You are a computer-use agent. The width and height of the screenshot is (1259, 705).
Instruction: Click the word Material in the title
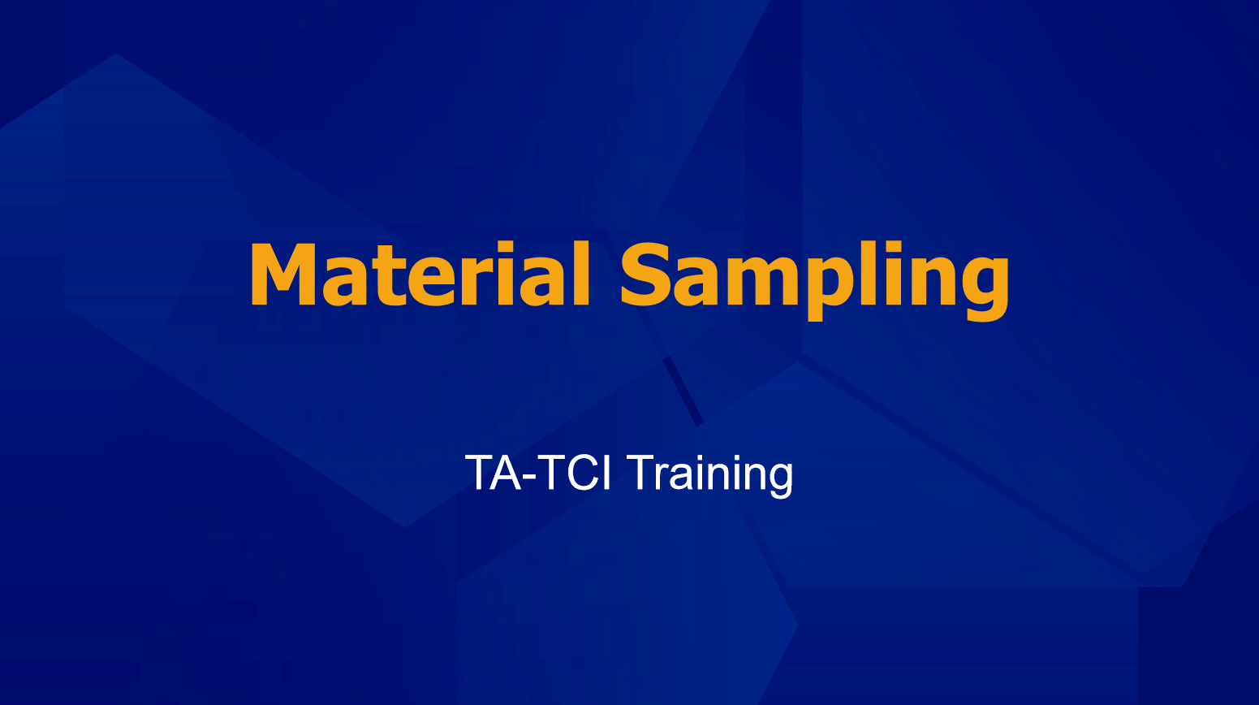pyautogui.click(x=420, y=274)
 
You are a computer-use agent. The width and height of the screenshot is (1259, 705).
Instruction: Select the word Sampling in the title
pyautogui.click(x=814, y=280)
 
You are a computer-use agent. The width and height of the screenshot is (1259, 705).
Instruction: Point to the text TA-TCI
pyautogui.click(x=538, y=472)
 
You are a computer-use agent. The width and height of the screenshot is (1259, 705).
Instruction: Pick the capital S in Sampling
pyautogui.click(x=645, y=275)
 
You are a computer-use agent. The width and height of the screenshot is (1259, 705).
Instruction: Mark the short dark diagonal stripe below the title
pyautogui.click(x=683, y=391)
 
